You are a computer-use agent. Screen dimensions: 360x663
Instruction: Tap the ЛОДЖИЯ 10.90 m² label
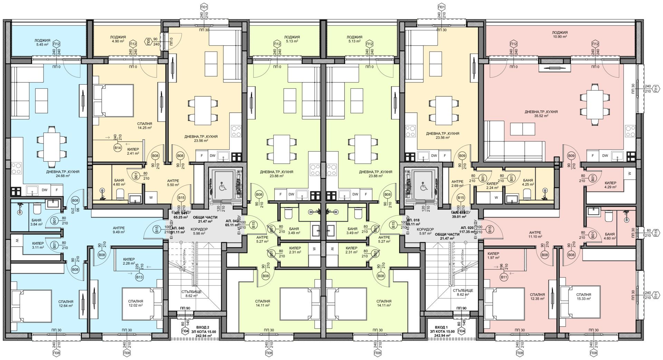click(x=560, y=35)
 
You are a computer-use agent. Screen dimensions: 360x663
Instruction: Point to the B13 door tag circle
click(x=140, y=277)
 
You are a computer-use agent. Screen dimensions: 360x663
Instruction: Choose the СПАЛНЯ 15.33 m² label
click(x=584, y=296)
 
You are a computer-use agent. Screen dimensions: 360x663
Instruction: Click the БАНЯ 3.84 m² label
click(x=36, y=222)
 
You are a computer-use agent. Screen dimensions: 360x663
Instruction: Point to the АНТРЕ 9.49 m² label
click(x=118, y=230)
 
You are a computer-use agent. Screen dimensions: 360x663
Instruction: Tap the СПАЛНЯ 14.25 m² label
click(x=145, y=125)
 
